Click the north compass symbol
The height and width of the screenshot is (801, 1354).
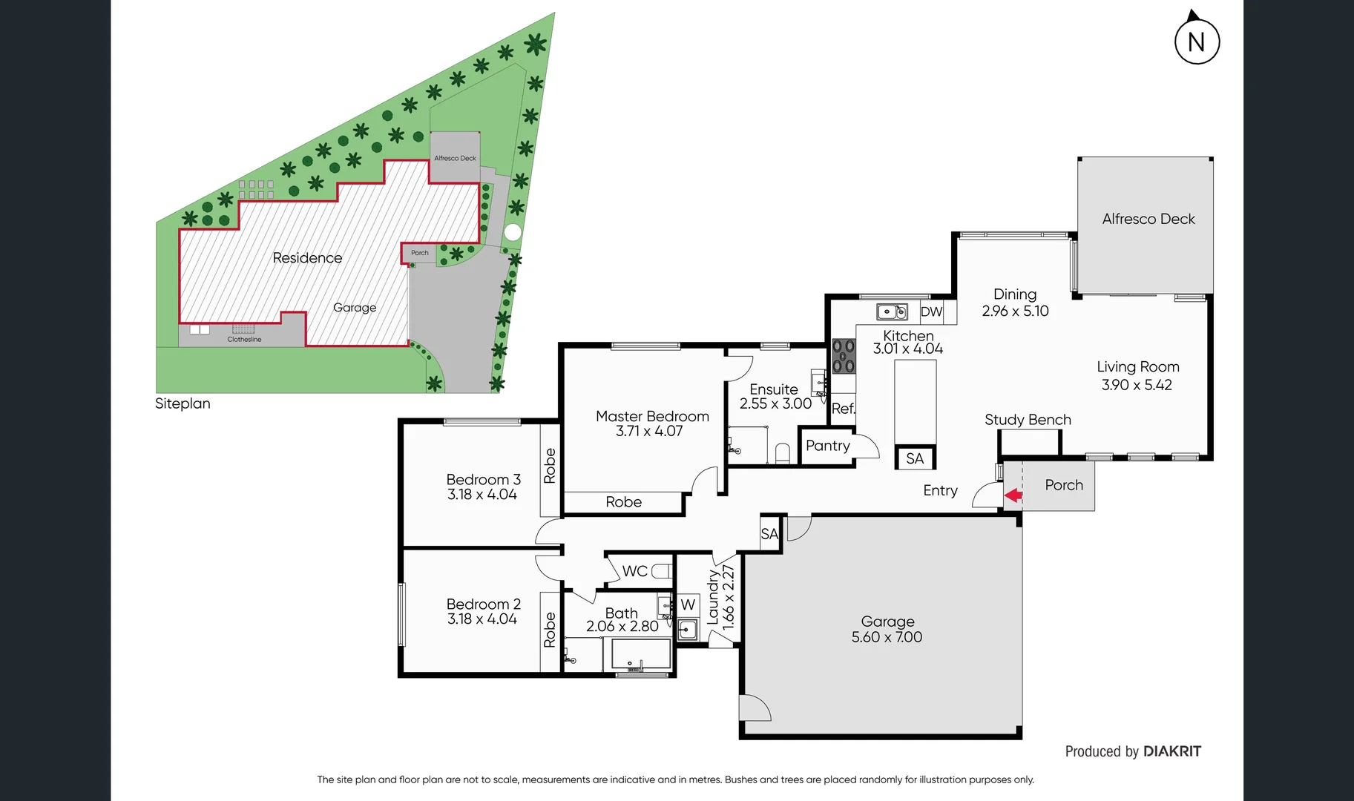tap(1197, 41)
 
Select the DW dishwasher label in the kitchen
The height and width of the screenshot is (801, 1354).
tap(931, 312)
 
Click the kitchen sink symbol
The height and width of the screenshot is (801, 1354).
tap(892, 311)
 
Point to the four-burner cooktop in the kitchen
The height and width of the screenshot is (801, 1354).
tap(844, 356)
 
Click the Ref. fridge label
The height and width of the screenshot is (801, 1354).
tap(843, 409)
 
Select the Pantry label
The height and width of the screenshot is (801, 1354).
tap(827, 446)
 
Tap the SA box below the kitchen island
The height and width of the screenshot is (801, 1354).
tap(915, 458)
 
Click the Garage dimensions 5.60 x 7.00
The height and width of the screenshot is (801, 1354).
tap(887, 637)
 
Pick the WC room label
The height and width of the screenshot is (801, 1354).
tap(634, 571)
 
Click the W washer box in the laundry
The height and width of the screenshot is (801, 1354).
tap(688, 604)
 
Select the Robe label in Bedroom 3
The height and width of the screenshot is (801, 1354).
tap(550, 466)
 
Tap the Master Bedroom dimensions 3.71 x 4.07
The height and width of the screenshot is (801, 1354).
tap(649, 431)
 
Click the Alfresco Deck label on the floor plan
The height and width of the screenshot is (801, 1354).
tap(1148, 219)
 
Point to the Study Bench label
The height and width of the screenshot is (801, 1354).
tap(1028, 420)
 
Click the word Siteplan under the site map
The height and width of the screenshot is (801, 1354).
tap(183, 403)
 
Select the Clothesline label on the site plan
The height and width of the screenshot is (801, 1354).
tap(244, 340)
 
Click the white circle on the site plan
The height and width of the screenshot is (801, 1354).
tap(512, 232)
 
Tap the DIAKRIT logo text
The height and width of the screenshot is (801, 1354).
tap(1171, 751)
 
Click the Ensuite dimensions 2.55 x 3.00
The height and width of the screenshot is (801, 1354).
tap(775, 404)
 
